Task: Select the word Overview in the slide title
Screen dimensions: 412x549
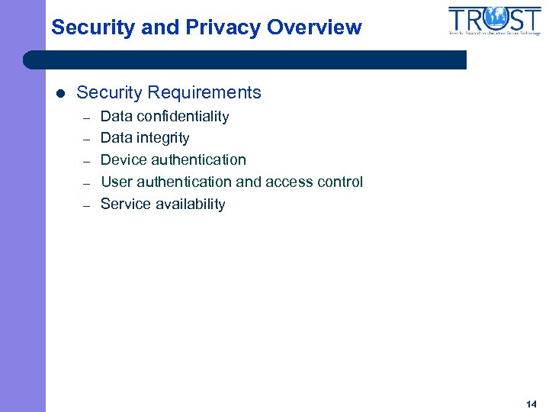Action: point(314,28)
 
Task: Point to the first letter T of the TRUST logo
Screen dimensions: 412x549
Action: point(458,18)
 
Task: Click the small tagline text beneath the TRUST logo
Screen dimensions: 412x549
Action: point(494,34)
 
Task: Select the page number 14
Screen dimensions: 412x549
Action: point(531,404)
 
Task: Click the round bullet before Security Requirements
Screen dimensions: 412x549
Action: point(61,94)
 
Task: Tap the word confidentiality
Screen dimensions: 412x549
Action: point(183,117)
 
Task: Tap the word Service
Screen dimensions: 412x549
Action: point(124,204)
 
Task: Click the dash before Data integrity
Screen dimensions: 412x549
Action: point(87,140)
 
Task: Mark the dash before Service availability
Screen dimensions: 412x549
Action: point(87,205)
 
